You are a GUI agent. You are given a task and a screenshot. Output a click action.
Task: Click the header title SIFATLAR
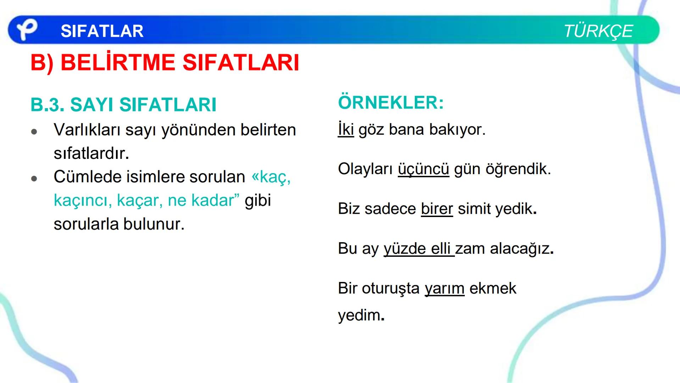point(102,31)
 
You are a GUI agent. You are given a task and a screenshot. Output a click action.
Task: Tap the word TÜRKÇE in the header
point(598,31)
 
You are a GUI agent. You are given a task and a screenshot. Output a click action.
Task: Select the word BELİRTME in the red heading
point(118,63)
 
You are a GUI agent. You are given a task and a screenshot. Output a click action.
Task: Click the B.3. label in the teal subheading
point(48,105)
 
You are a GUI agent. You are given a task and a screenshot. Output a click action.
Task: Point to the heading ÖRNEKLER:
point(391,102)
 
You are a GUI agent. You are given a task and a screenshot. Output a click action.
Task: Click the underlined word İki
point(346,129)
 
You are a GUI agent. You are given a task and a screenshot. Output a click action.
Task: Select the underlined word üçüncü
point(423,169)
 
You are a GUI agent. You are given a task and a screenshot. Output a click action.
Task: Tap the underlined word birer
point(437,209)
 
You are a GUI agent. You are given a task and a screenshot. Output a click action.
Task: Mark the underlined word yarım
point(444,288)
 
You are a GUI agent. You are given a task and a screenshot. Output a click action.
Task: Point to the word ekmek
point(493,288)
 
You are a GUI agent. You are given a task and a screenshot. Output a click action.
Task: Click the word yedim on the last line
point(359,315)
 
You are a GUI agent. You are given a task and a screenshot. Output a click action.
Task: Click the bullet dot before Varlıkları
point(34,132)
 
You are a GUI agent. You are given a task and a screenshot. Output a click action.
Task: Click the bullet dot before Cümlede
point(34,179)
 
